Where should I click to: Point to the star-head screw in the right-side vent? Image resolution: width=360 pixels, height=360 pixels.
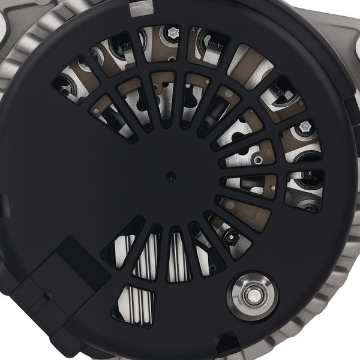pyautogui.click(x=305, y=127)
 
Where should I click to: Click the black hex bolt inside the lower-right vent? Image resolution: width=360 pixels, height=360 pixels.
pyautogui.click(x=229, y=236)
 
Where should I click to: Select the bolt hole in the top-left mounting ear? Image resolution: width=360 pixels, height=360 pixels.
pyautogui.click(x=5, y=24)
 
